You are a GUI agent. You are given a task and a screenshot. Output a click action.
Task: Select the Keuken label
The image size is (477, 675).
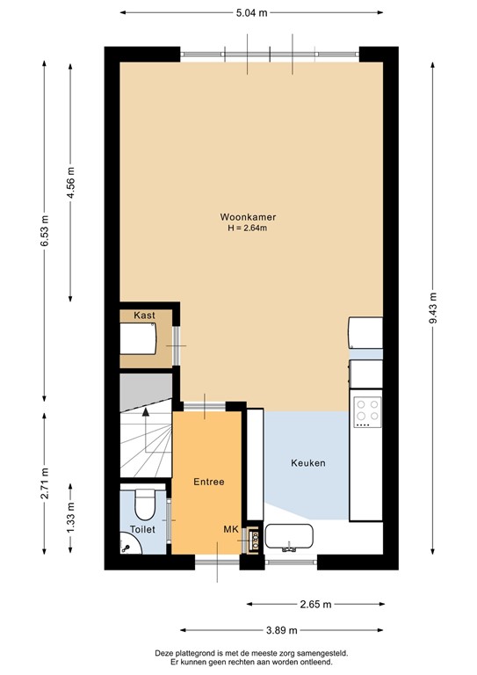309,462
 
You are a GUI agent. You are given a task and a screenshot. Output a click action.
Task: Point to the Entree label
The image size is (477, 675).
208,482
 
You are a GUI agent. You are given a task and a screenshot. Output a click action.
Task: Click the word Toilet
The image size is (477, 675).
141,529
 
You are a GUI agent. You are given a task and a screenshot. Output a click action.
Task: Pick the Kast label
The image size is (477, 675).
145,315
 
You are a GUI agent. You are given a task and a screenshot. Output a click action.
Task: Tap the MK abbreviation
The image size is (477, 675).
231,529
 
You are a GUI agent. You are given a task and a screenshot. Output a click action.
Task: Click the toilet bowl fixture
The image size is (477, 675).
145,503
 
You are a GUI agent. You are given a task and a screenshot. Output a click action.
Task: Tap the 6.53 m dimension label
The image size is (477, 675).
45,231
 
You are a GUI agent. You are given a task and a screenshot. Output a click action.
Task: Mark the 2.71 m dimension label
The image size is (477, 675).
45,485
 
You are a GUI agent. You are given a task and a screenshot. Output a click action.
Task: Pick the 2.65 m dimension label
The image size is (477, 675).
314,605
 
